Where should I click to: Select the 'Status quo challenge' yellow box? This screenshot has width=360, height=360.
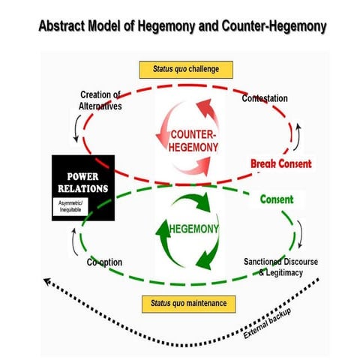[185, 70]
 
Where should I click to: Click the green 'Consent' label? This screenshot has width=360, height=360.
[277, 200]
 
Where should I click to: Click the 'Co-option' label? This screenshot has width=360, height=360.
[103, 262]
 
